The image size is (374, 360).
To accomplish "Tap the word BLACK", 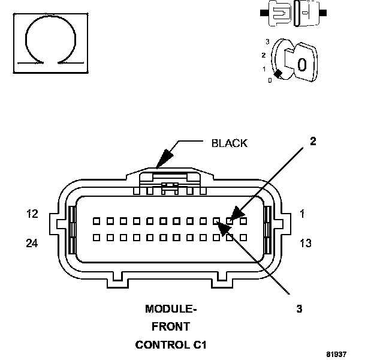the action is pos(230,143).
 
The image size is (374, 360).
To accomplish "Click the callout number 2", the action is pos(313,141).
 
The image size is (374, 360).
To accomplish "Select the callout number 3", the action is pos(299,308).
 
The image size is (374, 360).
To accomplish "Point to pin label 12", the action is pos(32,214).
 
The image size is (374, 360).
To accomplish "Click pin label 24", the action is pos(32,243).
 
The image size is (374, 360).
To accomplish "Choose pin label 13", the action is pos(306,243).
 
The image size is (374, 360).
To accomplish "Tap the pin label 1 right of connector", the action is pos(303,214).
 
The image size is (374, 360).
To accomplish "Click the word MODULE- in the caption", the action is pos(171,309).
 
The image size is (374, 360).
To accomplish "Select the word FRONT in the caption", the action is pos(171,326).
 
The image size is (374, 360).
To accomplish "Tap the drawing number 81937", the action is pos(336,354).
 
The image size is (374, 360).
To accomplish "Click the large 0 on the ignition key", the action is pos(301,64).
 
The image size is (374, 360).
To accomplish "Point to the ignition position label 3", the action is pos(268,42).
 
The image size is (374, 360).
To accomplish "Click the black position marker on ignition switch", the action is pos(278,74).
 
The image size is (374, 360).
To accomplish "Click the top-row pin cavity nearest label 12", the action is pos(96,221).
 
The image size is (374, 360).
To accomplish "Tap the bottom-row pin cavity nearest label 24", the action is pos(96,238).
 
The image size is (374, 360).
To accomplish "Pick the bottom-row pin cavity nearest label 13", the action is pos(243,238).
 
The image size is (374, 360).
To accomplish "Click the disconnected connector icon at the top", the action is pos(293,13).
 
